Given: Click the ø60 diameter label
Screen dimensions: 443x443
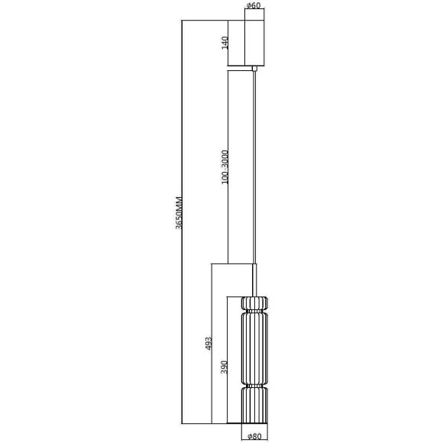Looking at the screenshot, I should [x=254, y=6].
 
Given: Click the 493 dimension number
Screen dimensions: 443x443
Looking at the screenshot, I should [x=209, y=344].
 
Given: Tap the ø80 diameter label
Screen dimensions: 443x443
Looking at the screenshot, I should [x=254, y=437].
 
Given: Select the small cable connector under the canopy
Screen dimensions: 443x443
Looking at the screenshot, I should [x=254, y=68].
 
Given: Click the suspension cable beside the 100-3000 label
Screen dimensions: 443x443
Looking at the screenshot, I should [x=254, y=168].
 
